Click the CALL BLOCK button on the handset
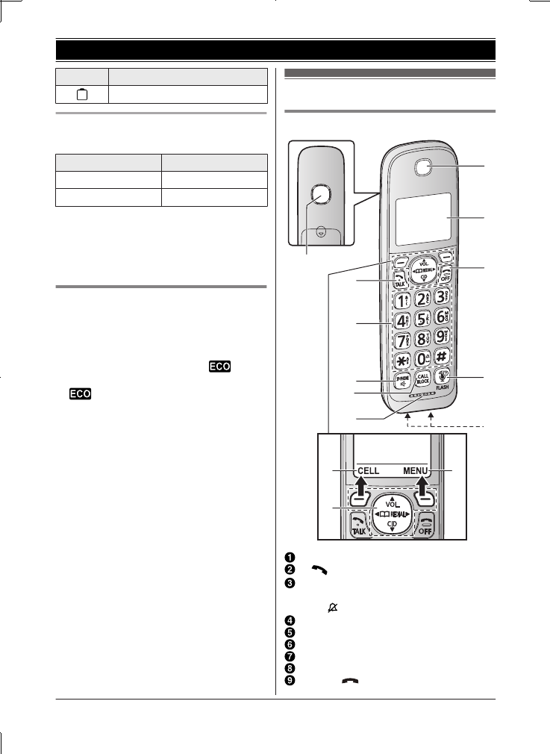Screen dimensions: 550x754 tap(422, 378)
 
